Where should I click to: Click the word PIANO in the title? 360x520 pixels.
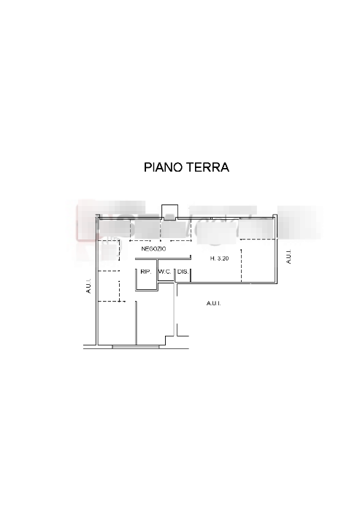(163, 167)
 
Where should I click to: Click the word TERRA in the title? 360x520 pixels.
(207, 167)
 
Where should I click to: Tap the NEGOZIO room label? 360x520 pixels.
(153, 249)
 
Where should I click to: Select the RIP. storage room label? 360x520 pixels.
(146, 272)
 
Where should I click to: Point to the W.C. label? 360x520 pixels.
(165, 272)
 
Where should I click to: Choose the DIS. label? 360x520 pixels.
(183, 272)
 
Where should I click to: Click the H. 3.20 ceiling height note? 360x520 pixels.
(220, 259)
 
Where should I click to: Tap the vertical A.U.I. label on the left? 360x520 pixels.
(88, 286)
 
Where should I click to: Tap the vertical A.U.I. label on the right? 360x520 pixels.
(288, 256)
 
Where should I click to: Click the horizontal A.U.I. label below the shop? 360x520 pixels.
(213, 303)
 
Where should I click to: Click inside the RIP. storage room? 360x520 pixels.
(146, 280)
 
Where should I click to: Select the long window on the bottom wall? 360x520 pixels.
(136, 347)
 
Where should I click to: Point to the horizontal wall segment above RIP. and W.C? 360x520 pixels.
(163, 259)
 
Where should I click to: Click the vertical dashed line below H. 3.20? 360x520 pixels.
(241, 266)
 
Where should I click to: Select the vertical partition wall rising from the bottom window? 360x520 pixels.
(136, 323)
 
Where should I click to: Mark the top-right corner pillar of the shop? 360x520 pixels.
(275, 217)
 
